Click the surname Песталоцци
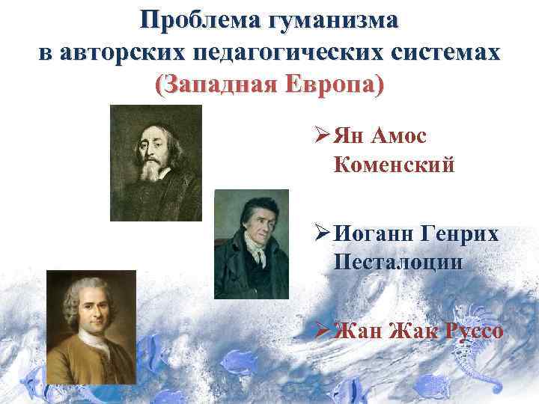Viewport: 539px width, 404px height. coord(398,262)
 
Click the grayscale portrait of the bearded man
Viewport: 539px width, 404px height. coord(156,162)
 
